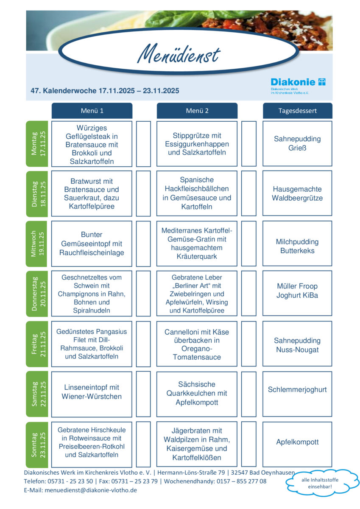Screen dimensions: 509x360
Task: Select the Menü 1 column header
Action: tap(92, 111)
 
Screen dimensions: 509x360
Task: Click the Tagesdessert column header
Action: tap(297, 111)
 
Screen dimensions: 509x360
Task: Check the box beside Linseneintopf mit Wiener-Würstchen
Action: tap(143, 394)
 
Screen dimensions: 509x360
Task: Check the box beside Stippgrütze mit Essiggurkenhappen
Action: tap(249, 143)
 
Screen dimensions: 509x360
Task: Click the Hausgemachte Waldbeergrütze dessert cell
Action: tap(297, 193)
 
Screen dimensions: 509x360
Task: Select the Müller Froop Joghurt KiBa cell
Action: tap(297, 294)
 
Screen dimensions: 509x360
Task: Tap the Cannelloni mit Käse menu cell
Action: tap(197, 344)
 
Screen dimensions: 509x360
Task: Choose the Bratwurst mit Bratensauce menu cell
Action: tap(92, 193)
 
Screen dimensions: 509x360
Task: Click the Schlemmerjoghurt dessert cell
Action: tap(297, 394)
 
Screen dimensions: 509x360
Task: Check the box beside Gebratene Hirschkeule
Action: tap(143, 444)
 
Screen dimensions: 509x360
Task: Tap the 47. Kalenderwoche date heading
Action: tap(105, 91)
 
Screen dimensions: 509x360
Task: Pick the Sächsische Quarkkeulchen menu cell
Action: tap(197, 394)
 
